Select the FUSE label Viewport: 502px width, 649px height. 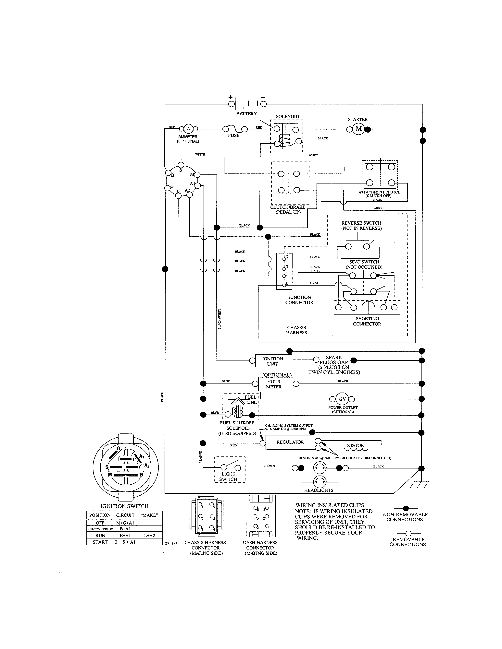coord(234,136)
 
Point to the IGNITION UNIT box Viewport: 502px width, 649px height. coord(272,361)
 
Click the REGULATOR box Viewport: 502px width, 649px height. coord(290,442)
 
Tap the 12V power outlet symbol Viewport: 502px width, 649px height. coord(342,399)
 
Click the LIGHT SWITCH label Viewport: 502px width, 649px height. coord(228,477)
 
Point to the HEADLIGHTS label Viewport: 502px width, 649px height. coord(319,490)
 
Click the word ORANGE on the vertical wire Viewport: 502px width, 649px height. coord(200,457)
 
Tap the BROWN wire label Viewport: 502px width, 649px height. coord(269,466)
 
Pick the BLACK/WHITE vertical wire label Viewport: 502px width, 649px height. coord(220,319)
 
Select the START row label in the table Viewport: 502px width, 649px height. coord(100,542)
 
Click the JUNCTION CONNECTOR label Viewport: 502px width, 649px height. coord(299,300)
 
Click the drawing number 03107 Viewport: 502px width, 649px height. coord(171,544)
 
